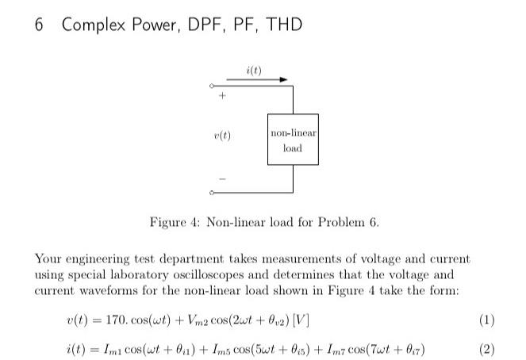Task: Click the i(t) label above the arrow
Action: coord(255,70)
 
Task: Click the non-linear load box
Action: coord(293,140)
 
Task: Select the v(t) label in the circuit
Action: coord(223,136)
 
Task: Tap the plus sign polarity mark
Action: coord(223,97)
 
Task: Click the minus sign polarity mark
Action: coord(223,178)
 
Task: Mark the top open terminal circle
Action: coord(212,86)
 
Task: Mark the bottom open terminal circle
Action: coord(212,193)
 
